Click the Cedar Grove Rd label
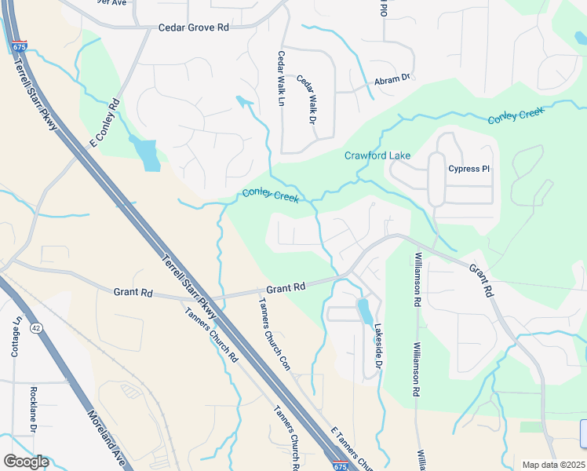point(193,27)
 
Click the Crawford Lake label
point(377,155)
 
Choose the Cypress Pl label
point(469,169)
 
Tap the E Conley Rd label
point(104,122)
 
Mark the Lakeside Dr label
point(377,348)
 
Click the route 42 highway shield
point(35,326)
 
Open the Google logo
point(26,462)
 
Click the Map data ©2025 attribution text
point(553,465)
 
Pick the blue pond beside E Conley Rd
point(146,154)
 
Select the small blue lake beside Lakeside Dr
point(364,311)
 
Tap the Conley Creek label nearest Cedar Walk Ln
point(270,195)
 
